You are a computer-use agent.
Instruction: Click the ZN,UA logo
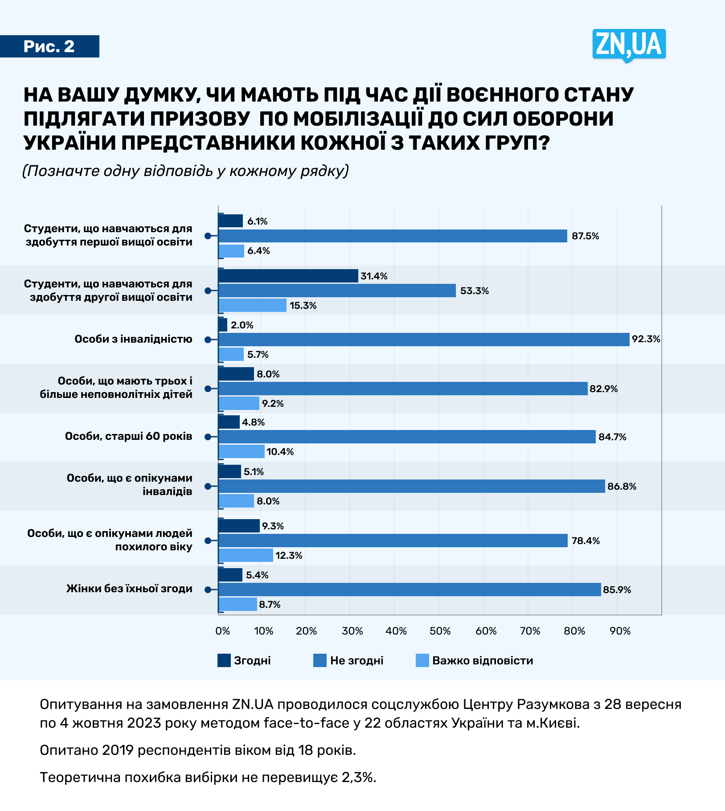(x=629, y=45)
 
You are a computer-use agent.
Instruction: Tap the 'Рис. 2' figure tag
(x=49, y=46)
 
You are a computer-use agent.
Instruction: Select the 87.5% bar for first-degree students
(x=392, y=236)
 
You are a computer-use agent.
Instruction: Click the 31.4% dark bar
(x=288, y=276)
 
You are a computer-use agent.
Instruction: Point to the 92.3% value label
(x=646, y=339)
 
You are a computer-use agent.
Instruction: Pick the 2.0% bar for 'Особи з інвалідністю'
(x=223, y=325)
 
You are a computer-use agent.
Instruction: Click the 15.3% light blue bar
(x=252, y=305)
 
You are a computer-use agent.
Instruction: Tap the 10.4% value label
(x=280, y=452)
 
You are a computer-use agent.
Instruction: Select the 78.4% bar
(x=393, y=541)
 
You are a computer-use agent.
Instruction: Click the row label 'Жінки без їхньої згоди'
(x=129, y=589)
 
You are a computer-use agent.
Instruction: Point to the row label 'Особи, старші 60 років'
(x=128, y=436)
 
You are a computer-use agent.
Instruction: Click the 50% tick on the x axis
(x=440, y=631)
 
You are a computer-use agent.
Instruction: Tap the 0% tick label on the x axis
(x=222, y=631)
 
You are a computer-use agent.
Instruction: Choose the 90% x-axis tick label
(x=620, y=631)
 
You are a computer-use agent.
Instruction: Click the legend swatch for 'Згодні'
(x=224, y=660)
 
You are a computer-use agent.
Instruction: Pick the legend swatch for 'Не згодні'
(x=320, y=660)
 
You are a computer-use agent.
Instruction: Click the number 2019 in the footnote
(x=118, y=750)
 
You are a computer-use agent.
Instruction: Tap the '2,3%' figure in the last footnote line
(x=358, y=778)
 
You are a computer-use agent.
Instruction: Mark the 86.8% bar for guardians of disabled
(x=411, y=486)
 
